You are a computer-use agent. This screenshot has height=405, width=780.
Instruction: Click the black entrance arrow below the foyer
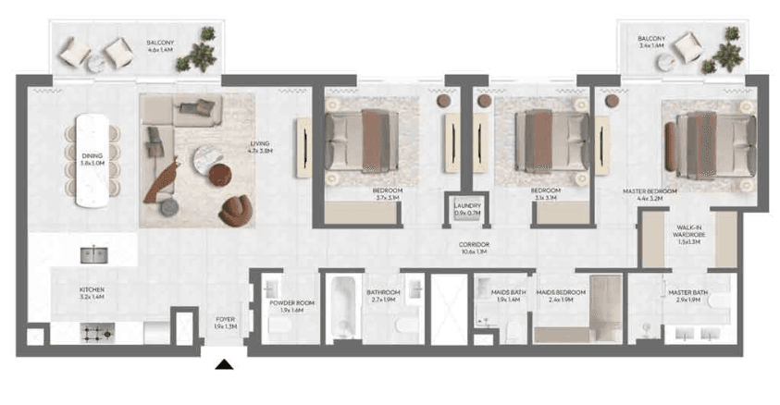pyautogui.click(x=223, y=366)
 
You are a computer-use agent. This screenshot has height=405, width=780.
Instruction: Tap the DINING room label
pyautogui.click(x=93, y=158)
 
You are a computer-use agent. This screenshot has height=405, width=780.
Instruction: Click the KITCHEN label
pyautogui.click(x=92, y=293)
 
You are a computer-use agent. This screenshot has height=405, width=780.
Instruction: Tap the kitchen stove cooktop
pyautogui.click(x=98, y=330)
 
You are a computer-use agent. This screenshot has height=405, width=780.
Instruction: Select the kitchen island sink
pyautogui.click(x=93, y=253)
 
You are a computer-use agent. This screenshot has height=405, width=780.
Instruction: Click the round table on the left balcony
pyautogui.click(x=95, y=63)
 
